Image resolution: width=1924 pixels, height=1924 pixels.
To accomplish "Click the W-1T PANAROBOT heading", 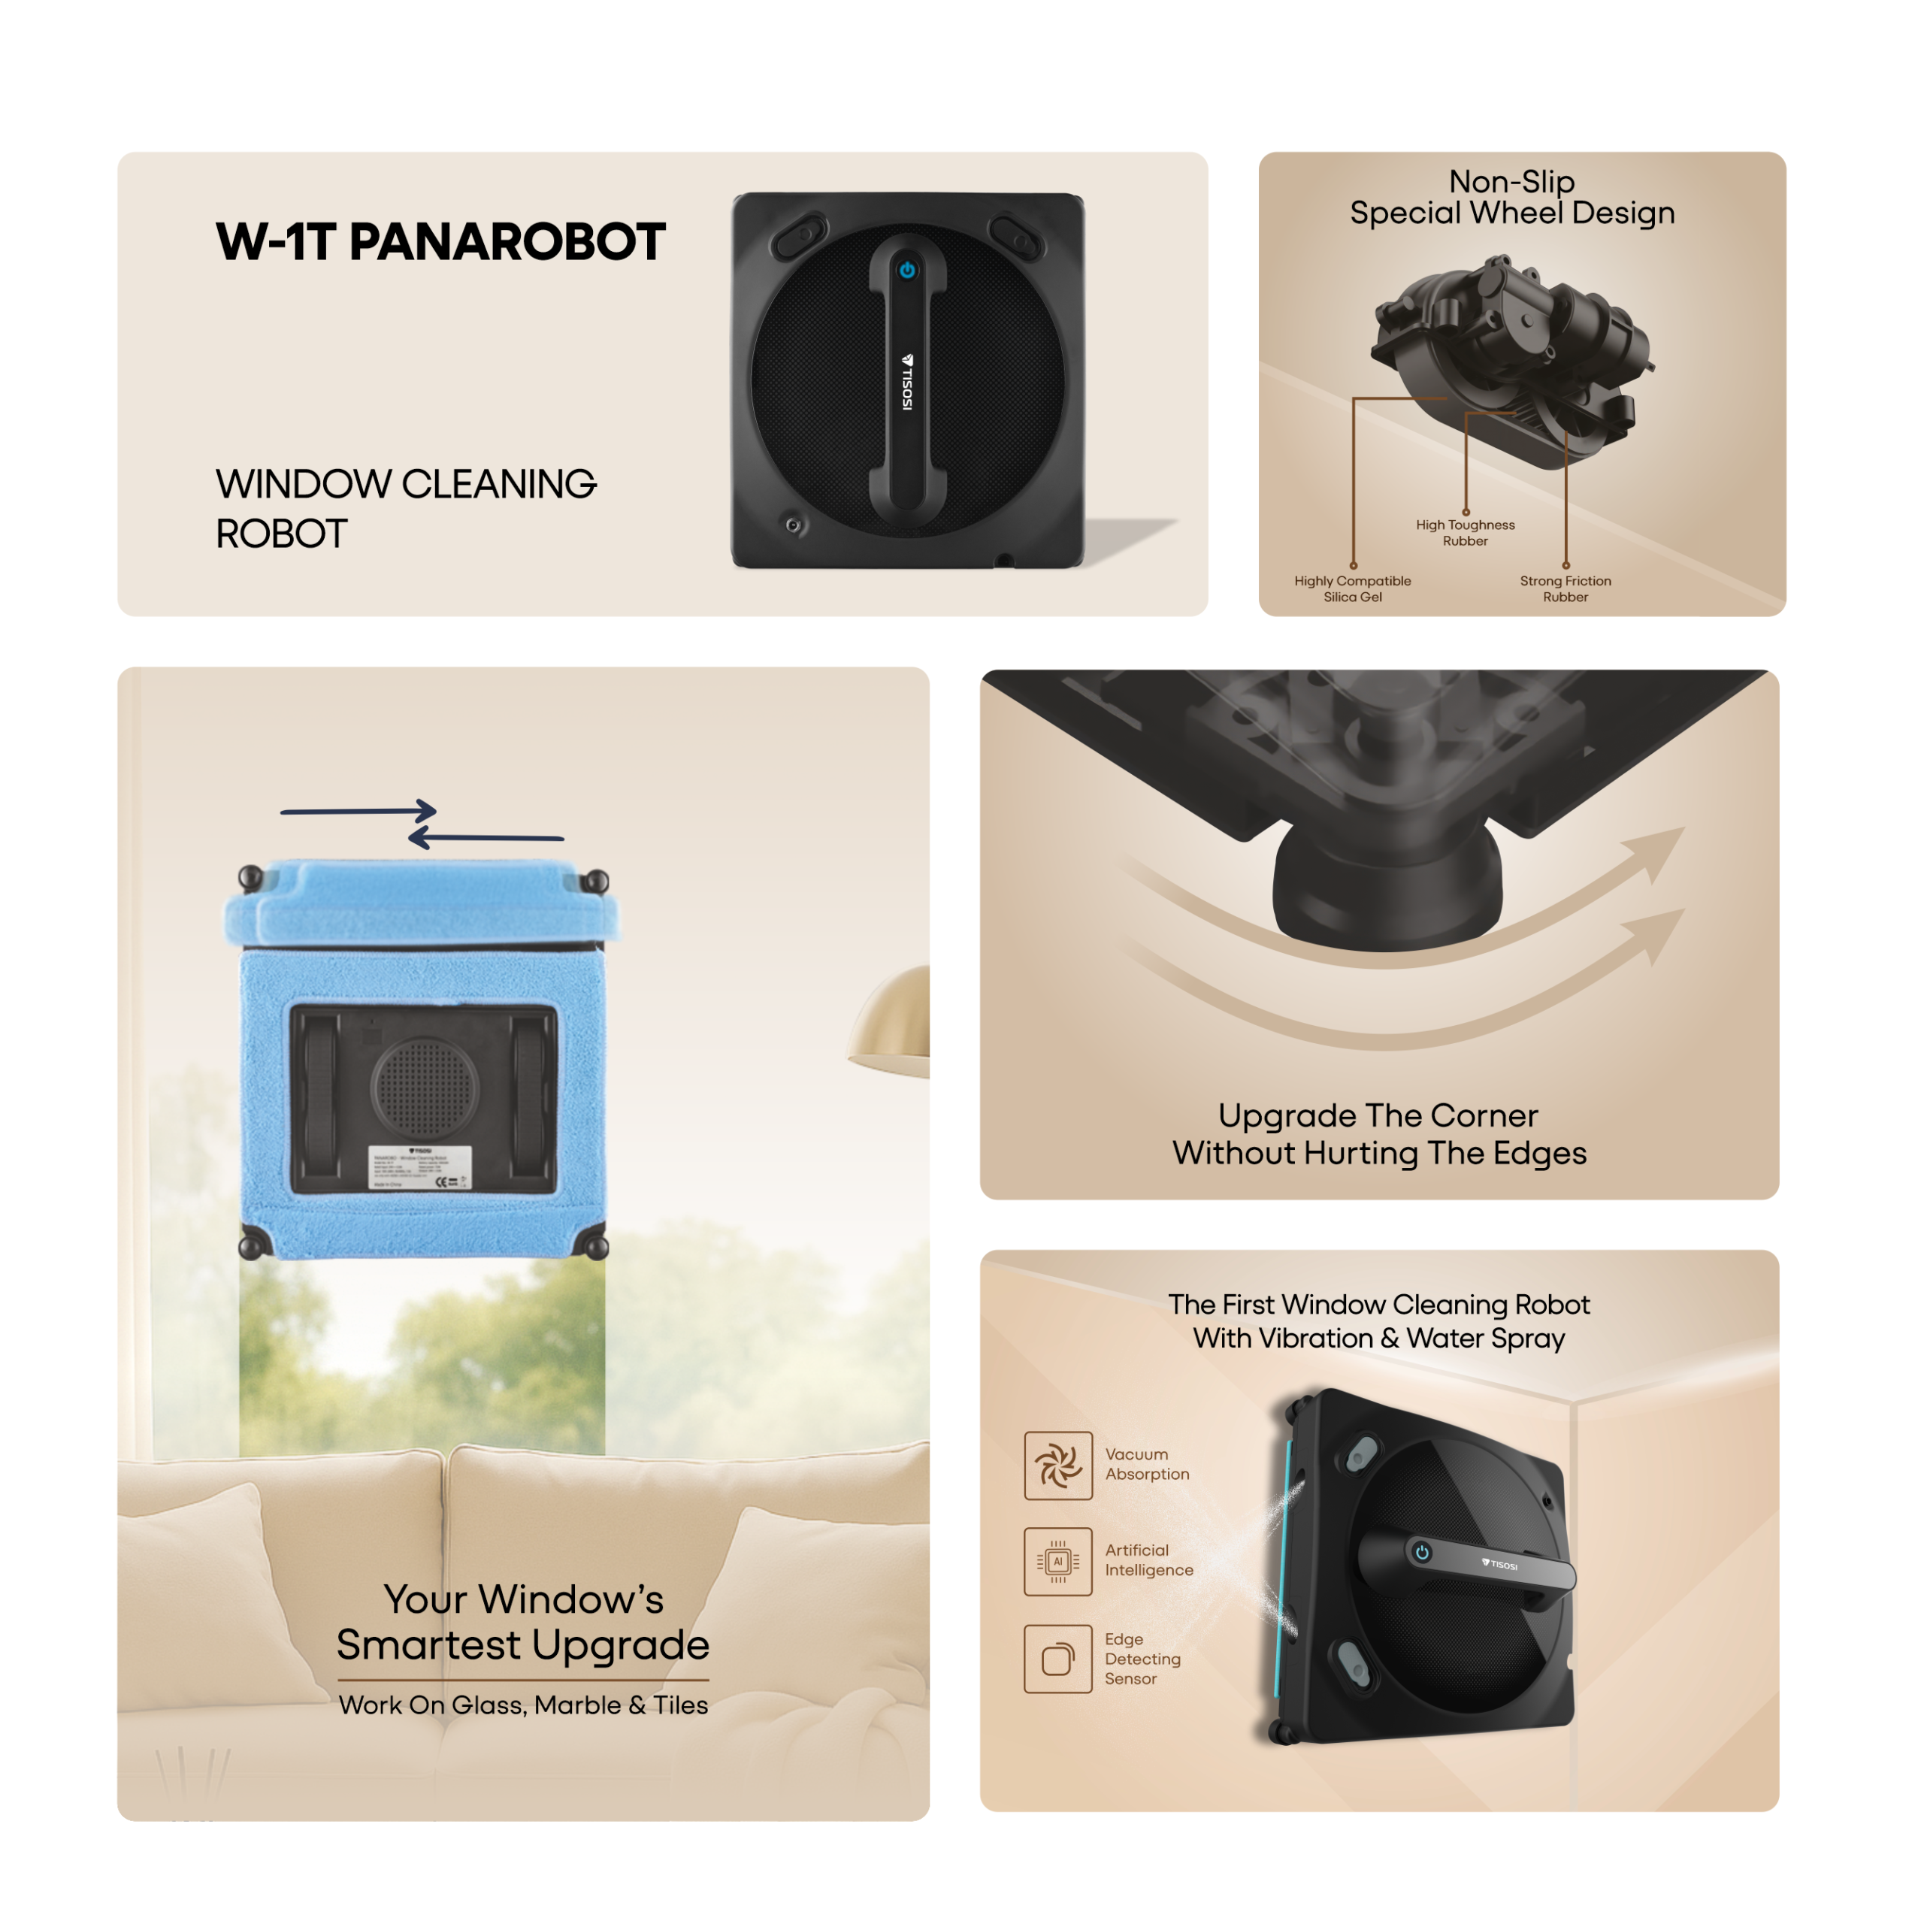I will [440, 242].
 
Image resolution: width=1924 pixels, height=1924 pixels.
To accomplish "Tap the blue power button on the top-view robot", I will [906, 270].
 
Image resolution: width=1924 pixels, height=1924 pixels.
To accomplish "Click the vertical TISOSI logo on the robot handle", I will [906, 383].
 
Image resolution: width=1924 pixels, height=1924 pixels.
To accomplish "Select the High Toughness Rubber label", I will [1465, 533].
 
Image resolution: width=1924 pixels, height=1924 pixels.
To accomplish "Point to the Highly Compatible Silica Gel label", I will [1352, 588].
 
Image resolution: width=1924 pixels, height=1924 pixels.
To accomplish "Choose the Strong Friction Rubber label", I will [1565, 588].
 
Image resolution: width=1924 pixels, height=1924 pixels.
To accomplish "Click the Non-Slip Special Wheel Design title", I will [1511, 197].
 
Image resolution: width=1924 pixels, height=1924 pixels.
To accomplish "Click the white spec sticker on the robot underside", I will [421, 1166].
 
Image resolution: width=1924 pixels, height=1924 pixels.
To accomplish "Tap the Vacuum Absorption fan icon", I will [1057, 1465].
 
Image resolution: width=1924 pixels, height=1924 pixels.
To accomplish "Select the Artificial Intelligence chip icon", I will [1057, 1562].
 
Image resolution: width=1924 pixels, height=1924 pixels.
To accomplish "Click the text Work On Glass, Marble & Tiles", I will [523, 1705].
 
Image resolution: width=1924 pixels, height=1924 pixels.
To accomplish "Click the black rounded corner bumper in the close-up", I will [1386, 886].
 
